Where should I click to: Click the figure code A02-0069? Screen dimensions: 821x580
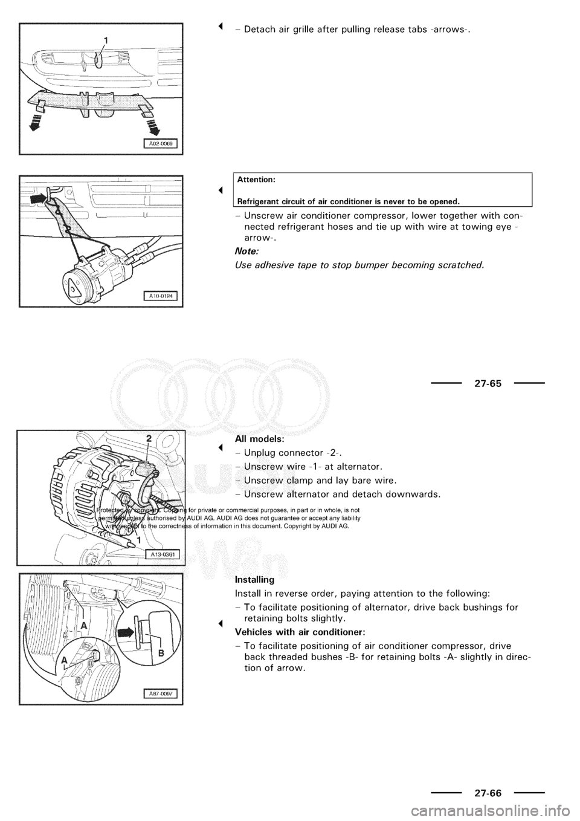[160, 143]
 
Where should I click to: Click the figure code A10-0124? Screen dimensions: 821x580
[160, 295]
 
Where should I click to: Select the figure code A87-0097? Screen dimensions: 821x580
[160, 693]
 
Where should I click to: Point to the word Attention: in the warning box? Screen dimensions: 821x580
[257, 180]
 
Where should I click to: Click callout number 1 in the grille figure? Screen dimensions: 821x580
[106, 40]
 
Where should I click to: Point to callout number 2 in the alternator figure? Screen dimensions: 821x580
[148, 438]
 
